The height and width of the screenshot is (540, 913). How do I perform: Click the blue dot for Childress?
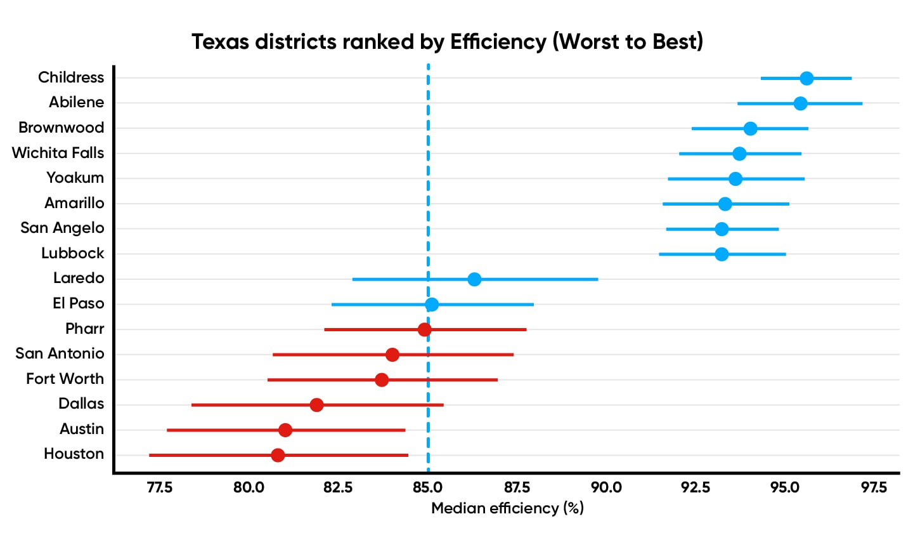coord(806,78)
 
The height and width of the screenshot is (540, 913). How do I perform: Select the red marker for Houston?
coord(278,455)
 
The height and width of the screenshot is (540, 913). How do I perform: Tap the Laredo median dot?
coord(474,279)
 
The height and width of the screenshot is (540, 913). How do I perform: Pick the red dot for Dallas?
coord(316,405)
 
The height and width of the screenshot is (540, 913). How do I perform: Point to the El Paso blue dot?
coord(432,305)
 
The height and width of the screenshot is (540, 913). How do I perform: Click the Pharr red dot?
coord(425,329)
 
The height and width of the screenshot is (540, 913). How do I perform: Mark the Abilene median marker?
coord(801,103)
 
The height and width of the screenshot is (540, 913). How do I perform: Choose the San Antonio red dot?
coord(392,355)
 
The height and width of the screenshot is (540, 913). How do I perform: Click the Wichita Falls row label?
coord(58,153)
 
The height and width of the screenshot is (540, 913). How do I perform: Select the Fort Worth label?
coord(65,379)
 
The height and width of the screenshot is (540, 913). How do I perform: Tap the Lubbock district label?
coord(72,253)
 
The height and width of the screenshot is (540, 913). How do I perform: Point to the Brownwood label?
coord(61,128)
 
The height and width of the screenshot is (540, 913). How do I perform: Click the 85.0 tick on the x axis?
coord(428,487)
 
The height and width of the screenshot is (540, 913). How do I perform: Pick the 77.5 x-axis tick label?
coord(159,487)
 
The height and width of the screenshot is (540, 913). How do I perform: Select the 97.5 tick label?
coord(874,487)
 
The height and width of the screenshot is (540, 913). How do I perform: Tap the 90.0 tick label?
coord(606,487)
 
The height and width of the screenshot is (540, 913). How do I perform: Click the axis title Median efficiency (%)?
coord(507,508)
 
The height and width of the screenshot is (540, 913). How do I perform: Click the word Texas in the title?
coord(221,42)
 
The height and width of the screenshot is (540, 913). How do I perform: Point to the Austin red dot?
coord(285,430)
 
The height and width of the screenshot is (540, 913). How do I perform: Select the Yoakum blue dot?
coord(735,179)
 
